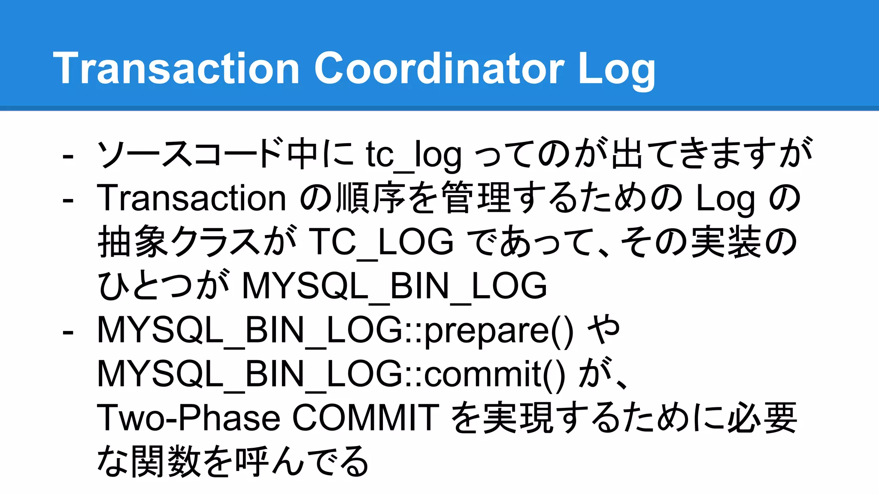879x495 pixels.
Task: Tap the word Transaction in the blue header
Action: [x=176, y=68]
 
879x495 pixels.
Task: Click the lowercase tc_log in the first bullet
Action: [x=414, y=155]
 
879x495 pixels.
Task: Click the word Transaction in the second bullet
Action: [x=191, y=199]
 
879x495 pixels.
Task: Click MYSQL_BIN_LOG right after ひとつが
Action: [x=394, y=286]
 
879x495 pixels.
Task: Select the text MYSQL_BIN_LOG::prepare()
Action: [x=335, y=330]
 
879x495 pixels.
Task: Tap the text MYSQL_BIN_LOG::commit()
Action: [x=331, y=374]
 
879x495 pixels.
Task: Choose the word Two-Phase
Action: [x=189, y=418]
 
